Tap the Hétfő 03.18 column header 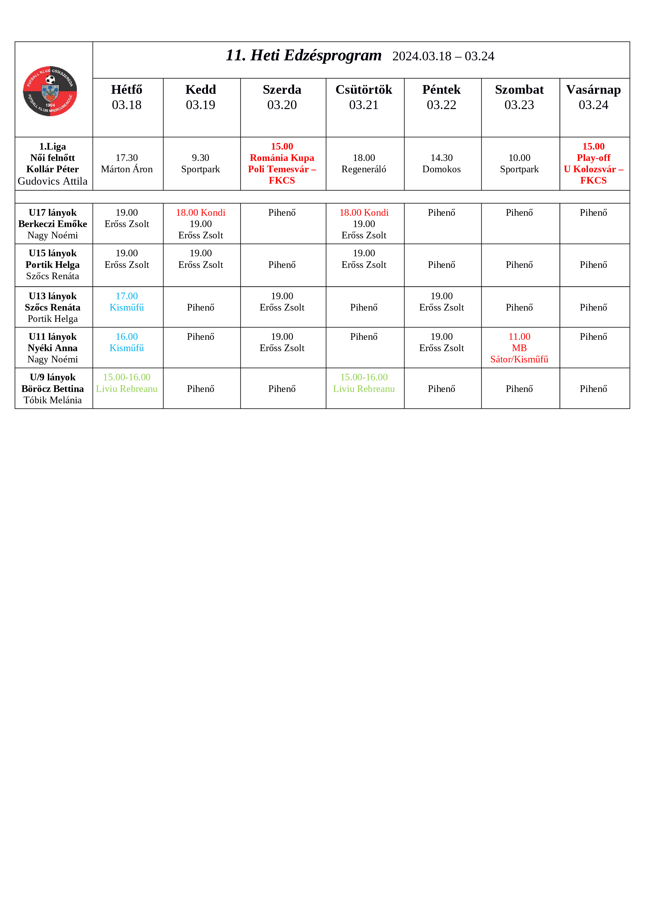pyautogui.click(x=127, y=97)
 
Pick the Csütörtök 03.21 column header pyautogui.click(x=364, y=97)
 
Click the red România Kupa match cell pyautogui.click(x=282, y=163)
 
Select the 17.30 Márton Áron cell pyautogui.click(x=127, y=163)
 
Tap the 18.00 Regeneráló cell pyautogui.click(x=364, y=163)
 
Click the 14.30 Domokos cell pyautogui.click(x=441, y=163)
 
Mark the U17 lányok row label pyautogui.click(x=53, y=224)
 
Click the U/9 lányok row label pyautogui.click(x=53, y=388)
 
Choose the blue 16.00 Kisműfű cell pyautogui.click(x=127, y=342)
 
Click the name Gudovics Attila pyautogui.click(x=53, y=181)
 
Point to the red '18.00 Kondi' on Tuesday pyautogui.click(x=200, y=213)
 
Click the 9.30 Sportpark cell pyautogui.click(x=200, y=163)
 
